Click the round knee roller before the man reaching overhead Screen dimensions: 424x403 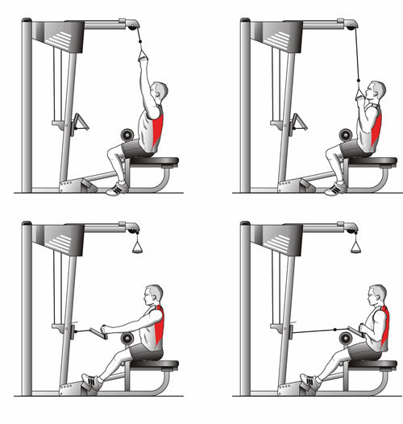125,135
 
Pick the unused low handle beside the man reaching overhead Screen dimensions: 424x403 81,123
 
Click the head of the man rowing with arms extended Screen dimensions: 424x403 153,296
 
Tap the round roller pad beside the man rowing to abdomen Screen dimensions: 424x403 345,339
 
